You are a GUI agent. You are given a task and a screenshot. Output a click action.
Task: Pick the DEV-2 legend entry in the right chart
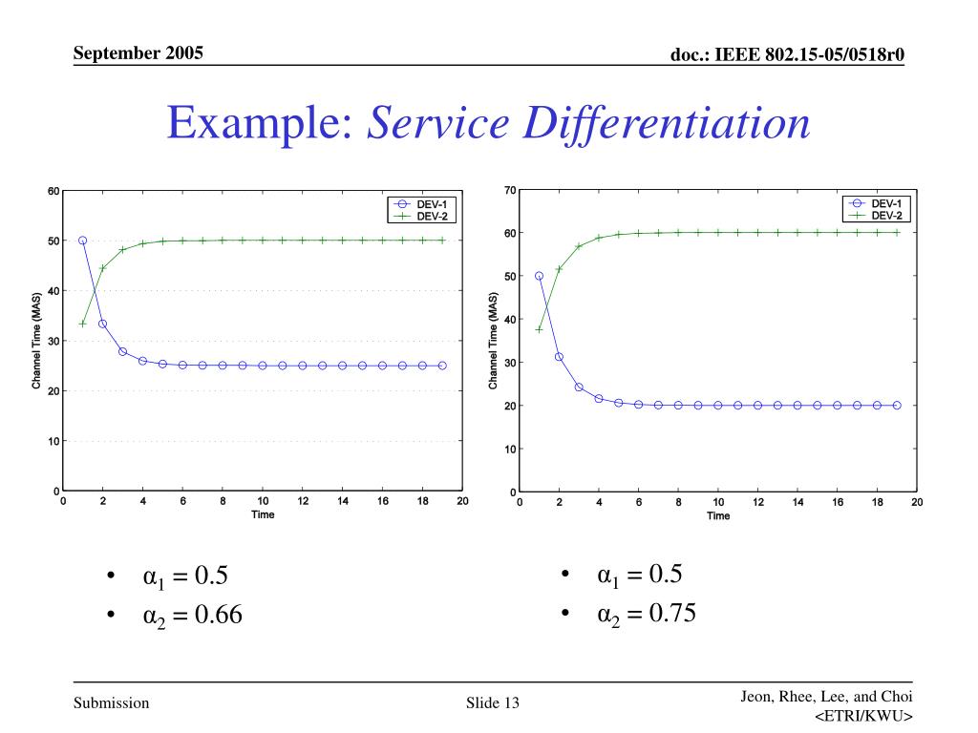click(x=886, y=216)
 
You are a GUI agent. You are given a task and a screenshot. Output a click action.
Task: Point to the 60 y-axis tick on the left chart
click(x=53, y=191)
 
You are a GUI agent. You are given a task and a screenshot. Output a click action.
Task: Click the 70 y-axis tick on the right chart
click(x=511, y=191)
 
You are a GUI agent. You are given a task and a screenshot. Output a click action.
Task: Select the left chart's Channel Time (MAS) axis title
click(x=36, y=341)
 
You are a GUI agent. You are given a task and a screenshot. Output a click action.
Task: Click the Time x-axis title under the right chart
click(x=718, y=516)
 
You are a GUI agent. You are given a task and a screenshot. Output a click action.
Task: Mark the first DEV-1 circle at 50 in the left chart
click(x=83, y=241)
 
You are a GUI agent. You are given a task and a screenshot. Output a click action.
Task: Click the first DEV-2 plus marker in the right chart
click(x=540, y=329)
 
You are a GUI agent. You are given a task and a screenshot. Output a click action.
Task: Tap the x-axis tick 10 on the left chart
click(x=263, y=501)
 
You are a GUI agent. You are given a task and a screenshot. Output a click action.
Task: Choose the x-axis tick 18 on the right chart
click(x=877, y=501)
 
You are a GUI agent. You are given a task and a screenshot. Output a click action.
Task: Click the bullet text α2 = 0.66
click(x=192, y=616)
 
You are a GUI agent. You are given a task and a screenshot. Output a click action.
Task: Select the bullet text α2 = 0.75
click(x=647, y=614)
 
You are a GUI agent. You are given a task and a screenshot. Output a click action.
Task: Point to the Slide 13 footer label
click(x=492, y=704)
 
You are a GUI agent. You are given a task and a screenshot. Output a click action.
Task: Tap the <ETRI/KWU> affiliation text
click(x=864, y=717)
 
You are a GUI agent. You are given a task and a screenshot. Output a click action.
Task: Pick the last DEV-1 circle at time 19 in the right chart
click(x=897, y=405)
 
